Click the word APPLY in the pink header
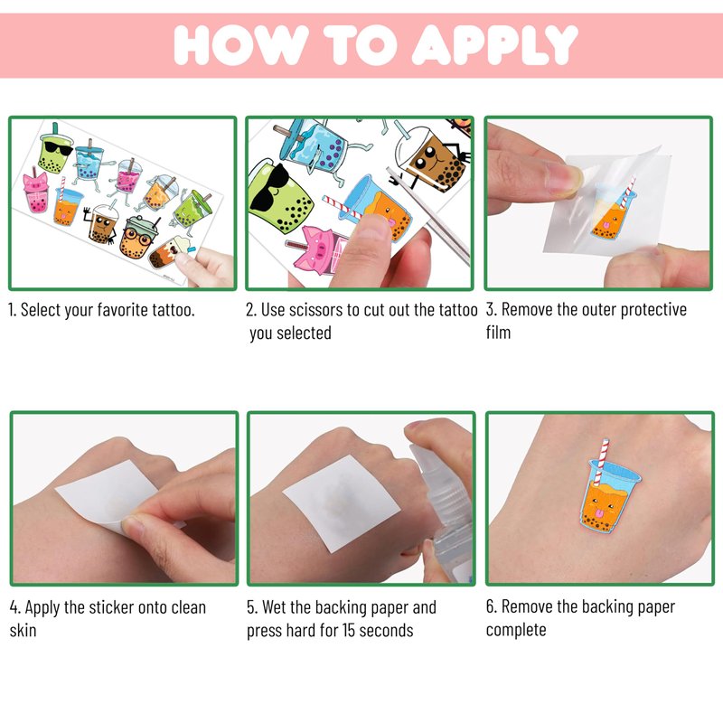494,44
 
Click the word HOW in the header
241,44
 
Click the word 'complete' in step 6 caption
516,630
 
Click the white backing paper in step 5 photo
341,502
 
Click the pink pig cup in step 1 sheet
36,192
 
